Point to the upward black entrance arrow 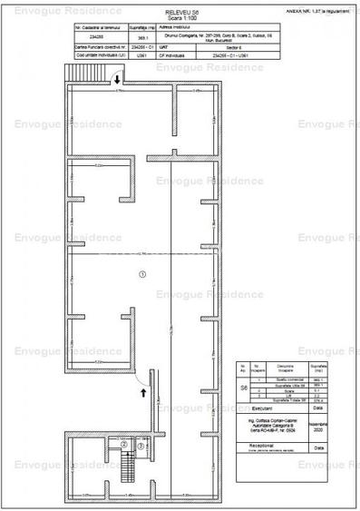click(x=141, y=391)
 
